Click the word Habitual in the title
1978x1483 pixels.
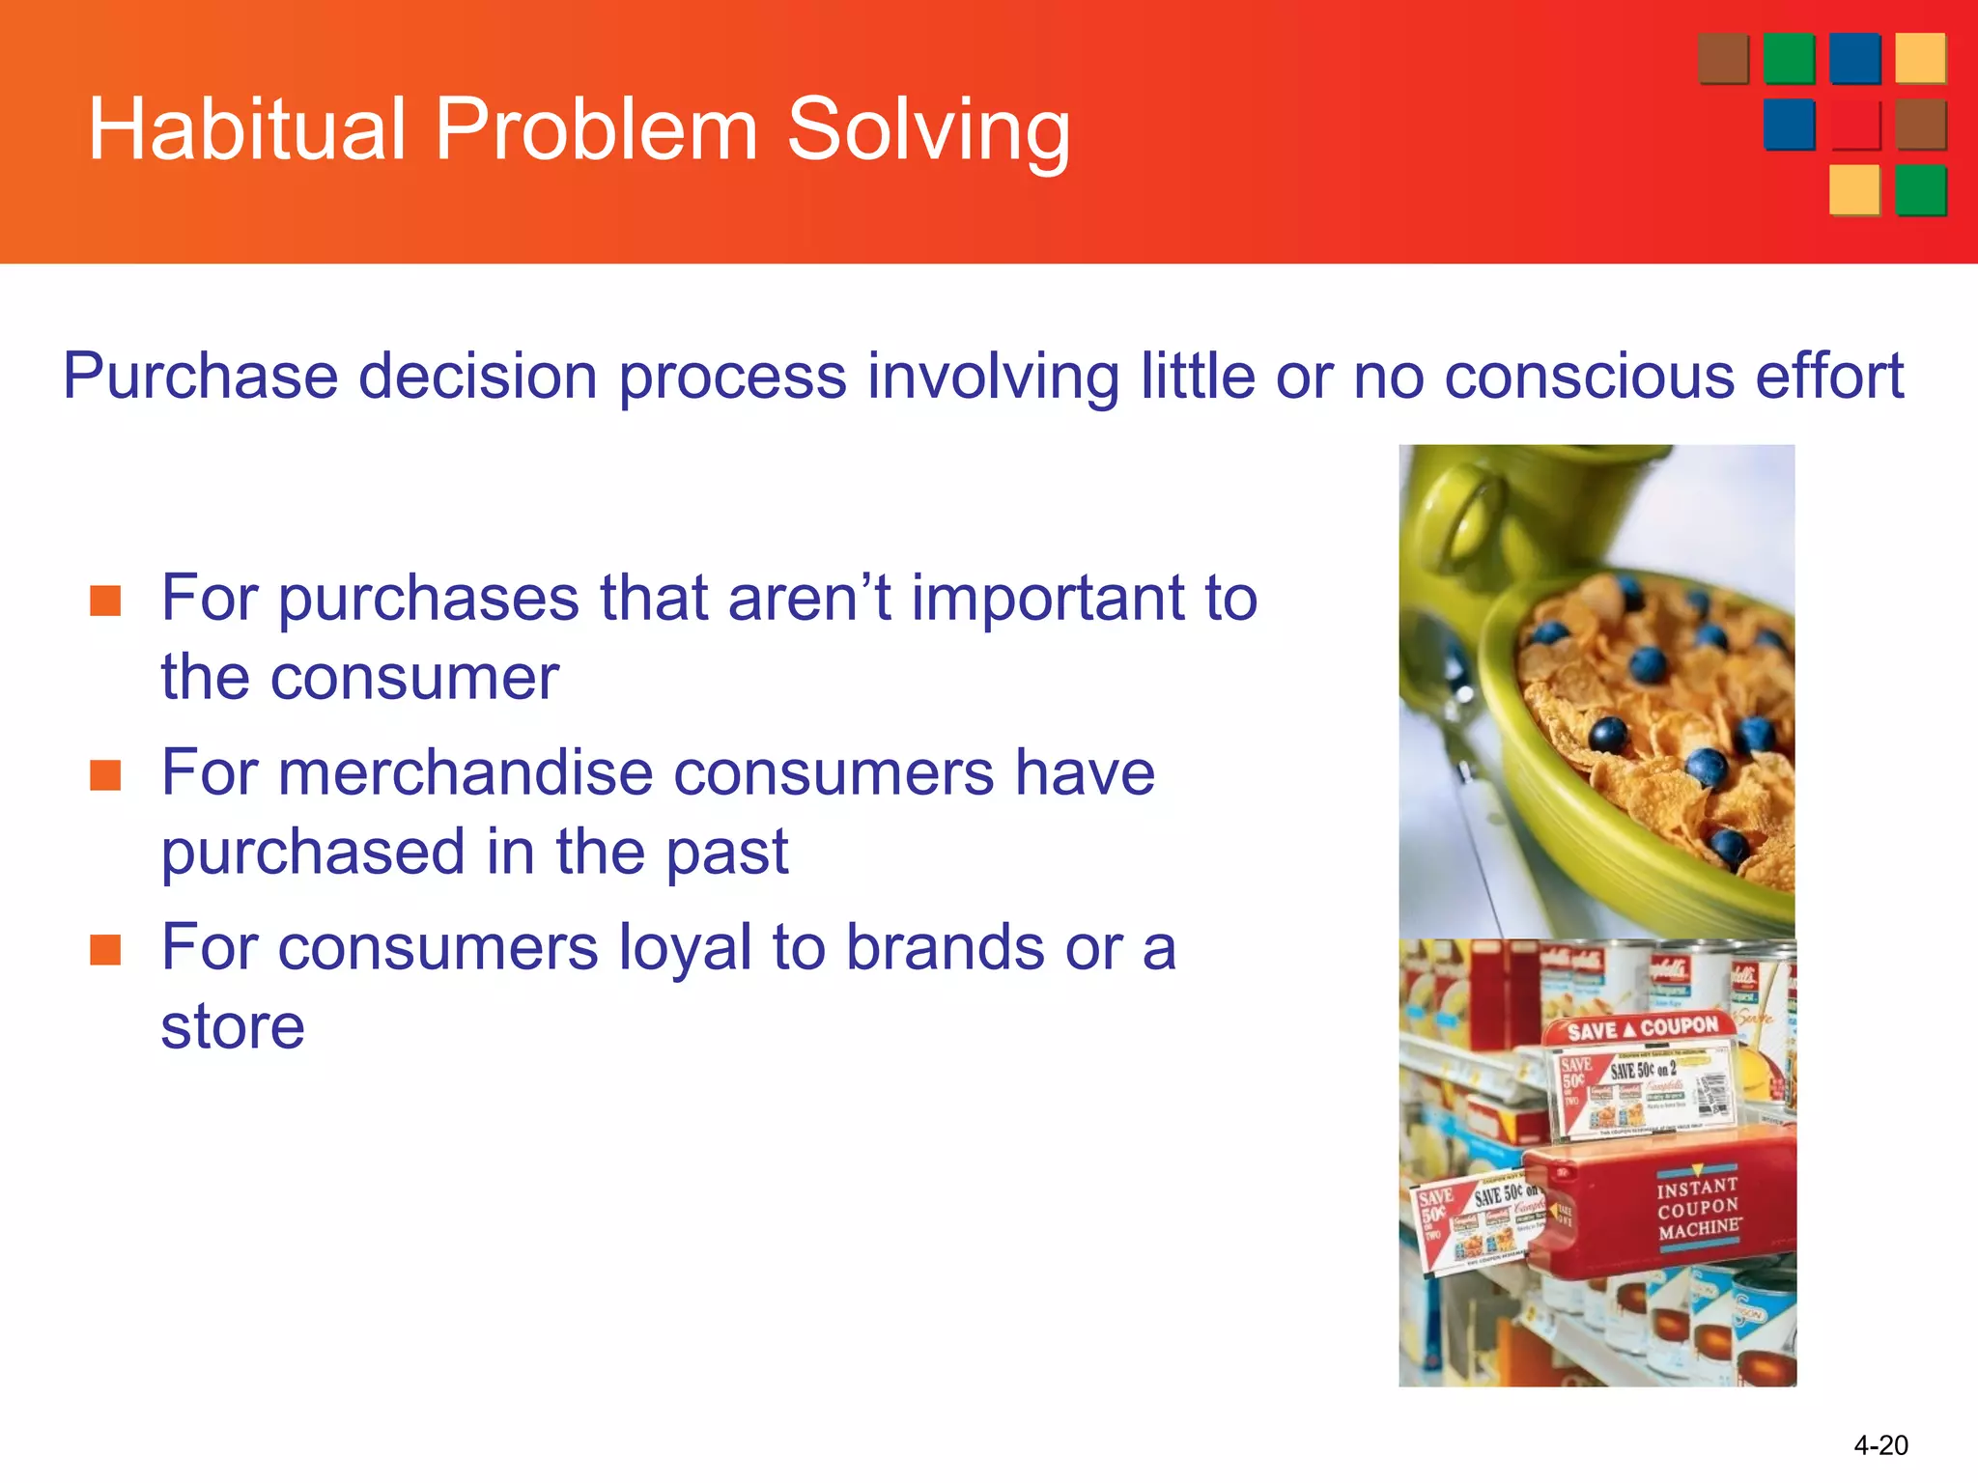[246, 129]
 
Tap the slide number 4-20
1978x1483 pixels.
[1879, 1445]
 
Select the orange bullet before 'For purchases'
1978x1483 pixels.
[105, 601]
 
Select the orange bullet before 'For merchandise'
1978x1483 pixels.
[105, 775]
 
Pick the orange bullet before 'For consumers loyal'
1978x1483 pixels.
[105, 950]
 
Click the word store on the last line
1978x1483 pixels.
[233, 1026]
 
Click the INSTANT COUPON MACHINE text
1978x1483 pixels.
[1699, 1208]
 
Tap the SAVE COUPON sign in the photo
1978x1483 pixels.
[1642, 1029]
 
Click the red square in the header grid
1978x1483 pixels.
[1854, 125]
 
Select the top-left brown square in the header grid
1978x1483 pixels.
[1723, 59]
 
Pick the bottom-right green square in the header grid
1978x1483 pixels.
[1920, 190]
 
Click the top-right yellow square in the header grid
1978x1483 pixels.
[1920, 59]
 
